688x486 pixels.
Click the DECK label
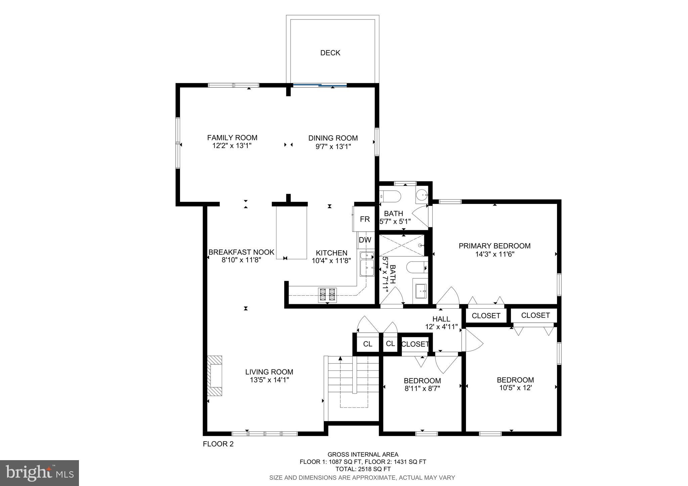(330, 53)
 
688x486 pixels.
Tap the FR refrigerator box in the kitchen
(364, 219)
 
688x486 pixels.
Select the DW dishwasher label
(365, 240)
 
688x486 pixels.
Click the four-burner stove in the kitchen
(327, 295)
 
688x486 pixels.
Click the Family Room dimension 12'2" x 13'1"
(232, 146)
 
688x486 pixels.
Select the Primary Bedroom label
(494, 246)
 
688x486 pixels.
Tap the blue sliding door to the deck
(320, 85)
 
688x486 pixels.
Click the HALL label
(441, 319)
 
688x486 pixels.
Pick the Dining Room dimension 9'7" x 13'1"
(333, 146)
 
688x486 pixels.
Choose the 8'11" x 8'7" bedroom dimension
(422, 389)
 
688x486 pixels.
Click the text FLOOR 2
(218, 444)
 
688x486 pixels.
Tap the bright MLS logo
(39, 473)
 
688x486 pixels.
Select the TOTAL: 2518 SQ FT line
(363, 469)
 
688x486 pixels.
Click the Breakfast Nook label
(241, 252)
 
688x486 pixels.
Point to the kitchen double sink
(367, 264)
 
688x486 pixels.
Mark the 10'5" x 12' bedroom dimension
(515, 388)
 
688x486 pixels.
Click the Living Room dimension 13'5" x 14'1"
(269, 380)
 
